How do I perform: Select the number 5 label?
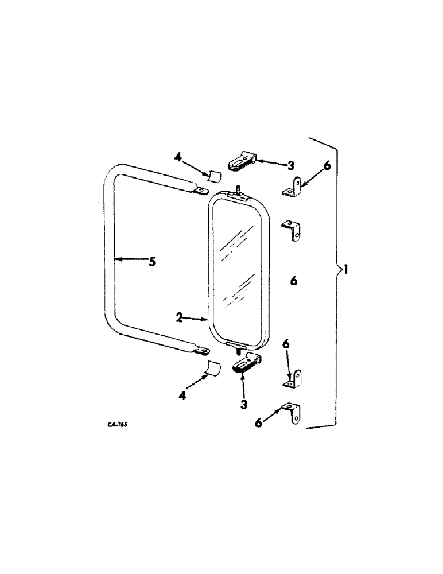click(151, 262)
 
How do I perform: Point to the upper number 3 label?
click(290, 165)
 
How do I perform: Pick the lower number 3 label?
click(243, 404)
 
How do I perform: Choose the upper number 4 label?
click(178, 156)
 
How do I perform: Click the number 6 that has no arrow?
click(293, 281)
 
